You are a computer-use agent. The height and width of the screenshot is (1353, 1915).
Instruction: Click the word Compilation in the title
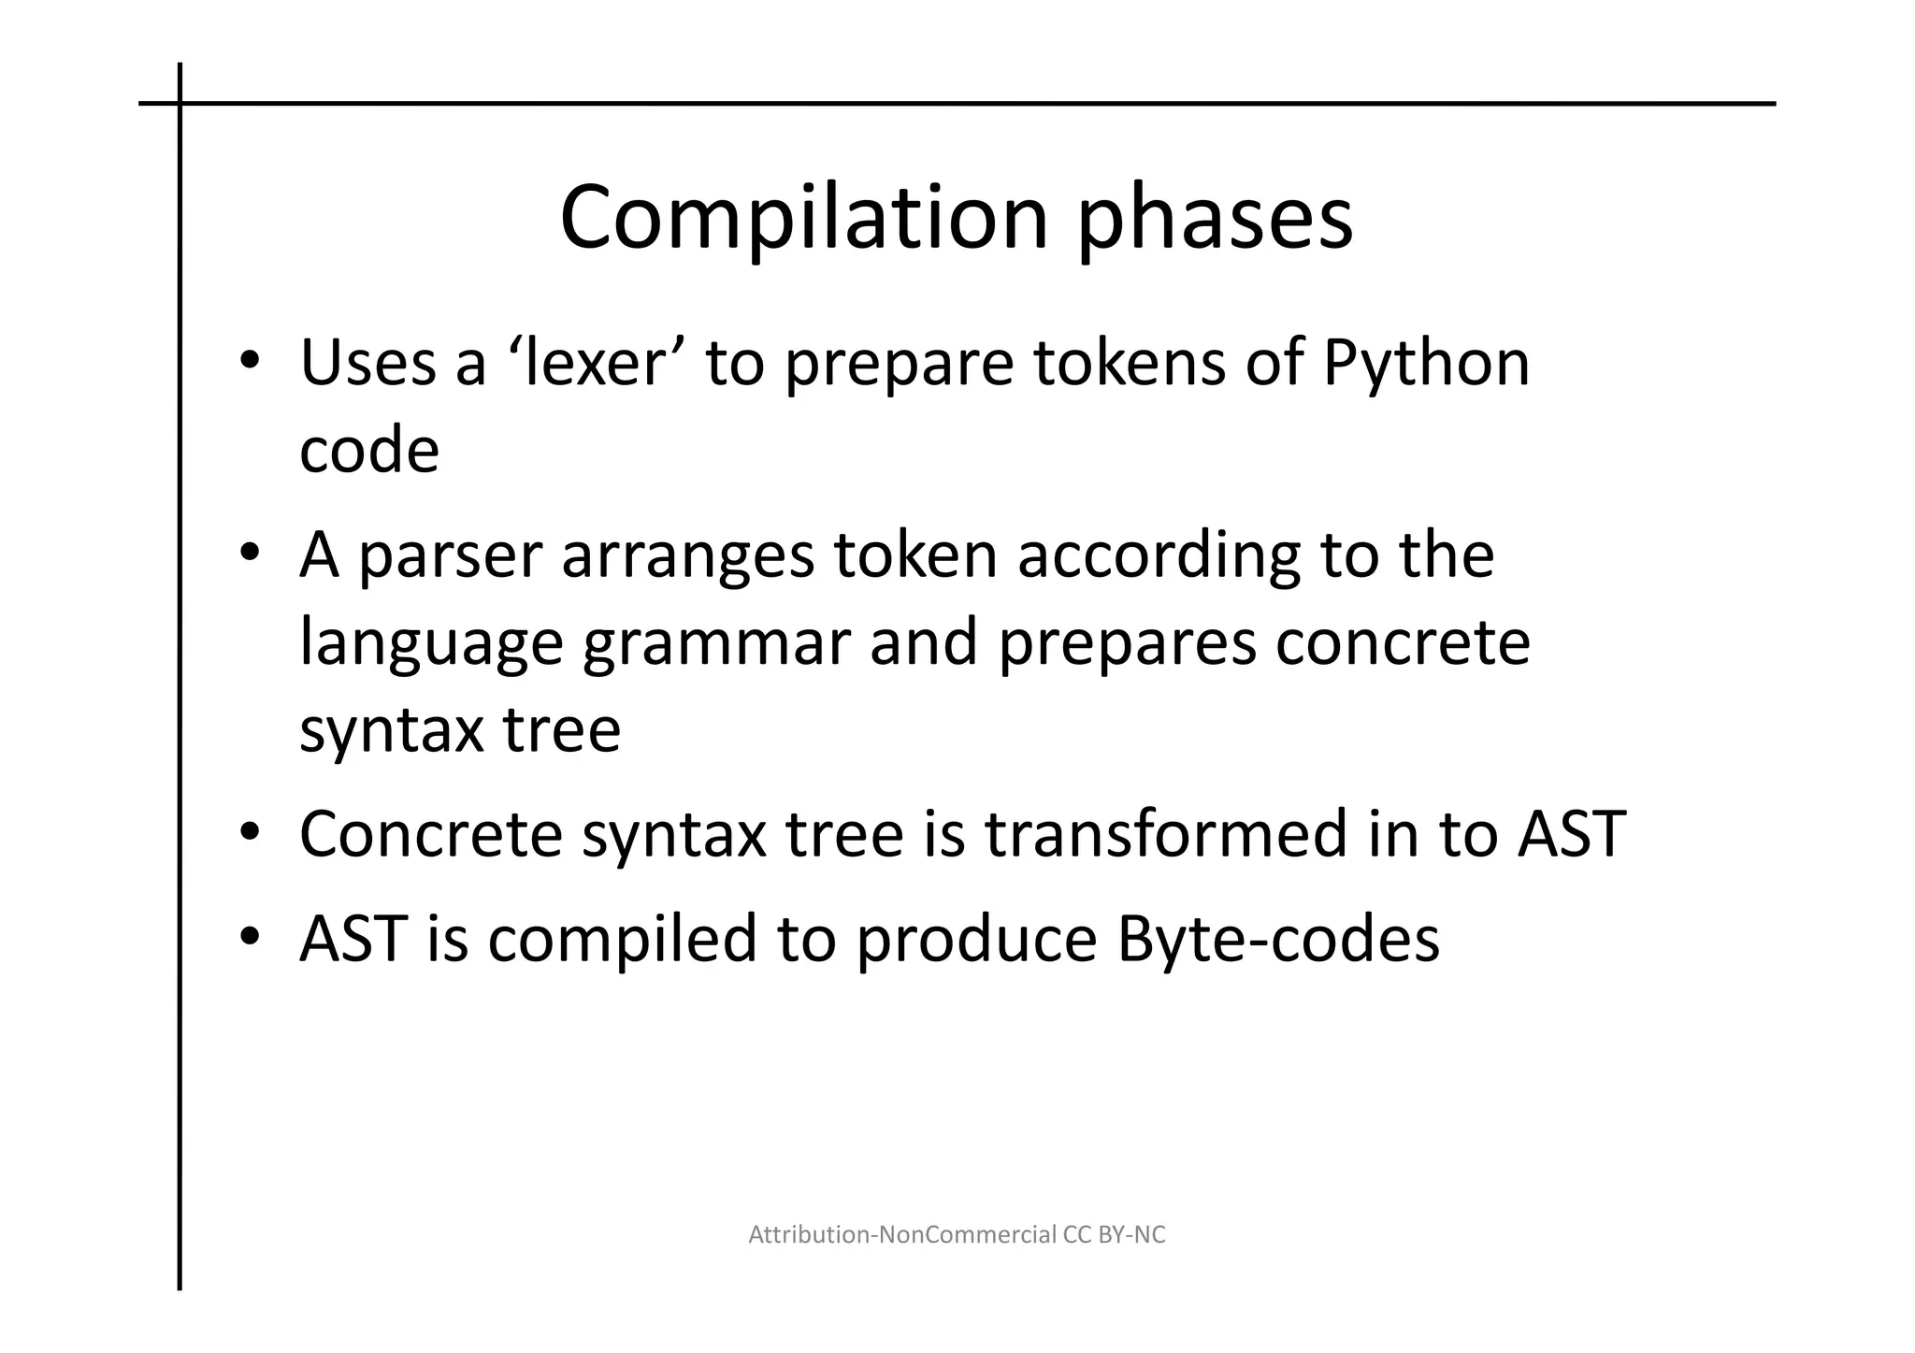[803, 217]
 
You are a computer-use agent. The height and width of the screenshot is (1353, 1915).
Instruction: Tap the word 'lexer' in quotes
[596, 363]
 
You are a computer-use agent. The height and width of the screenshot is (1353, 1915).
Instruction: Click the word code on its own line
[368, 451]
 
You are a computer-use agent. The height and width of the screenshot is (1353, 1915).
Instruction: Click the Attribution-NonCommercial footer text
[957, 1235]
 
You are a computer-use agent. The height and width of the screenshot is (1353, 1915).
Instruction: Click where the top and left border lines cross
[180, 104]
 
